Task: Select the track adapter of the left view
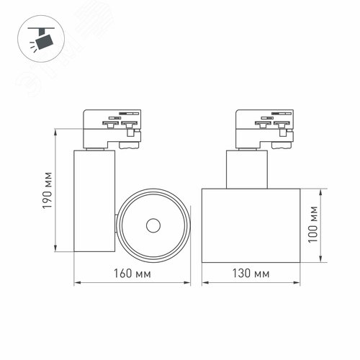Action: (111, 129)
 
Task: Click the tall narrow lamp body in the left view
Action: (94, 202)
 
